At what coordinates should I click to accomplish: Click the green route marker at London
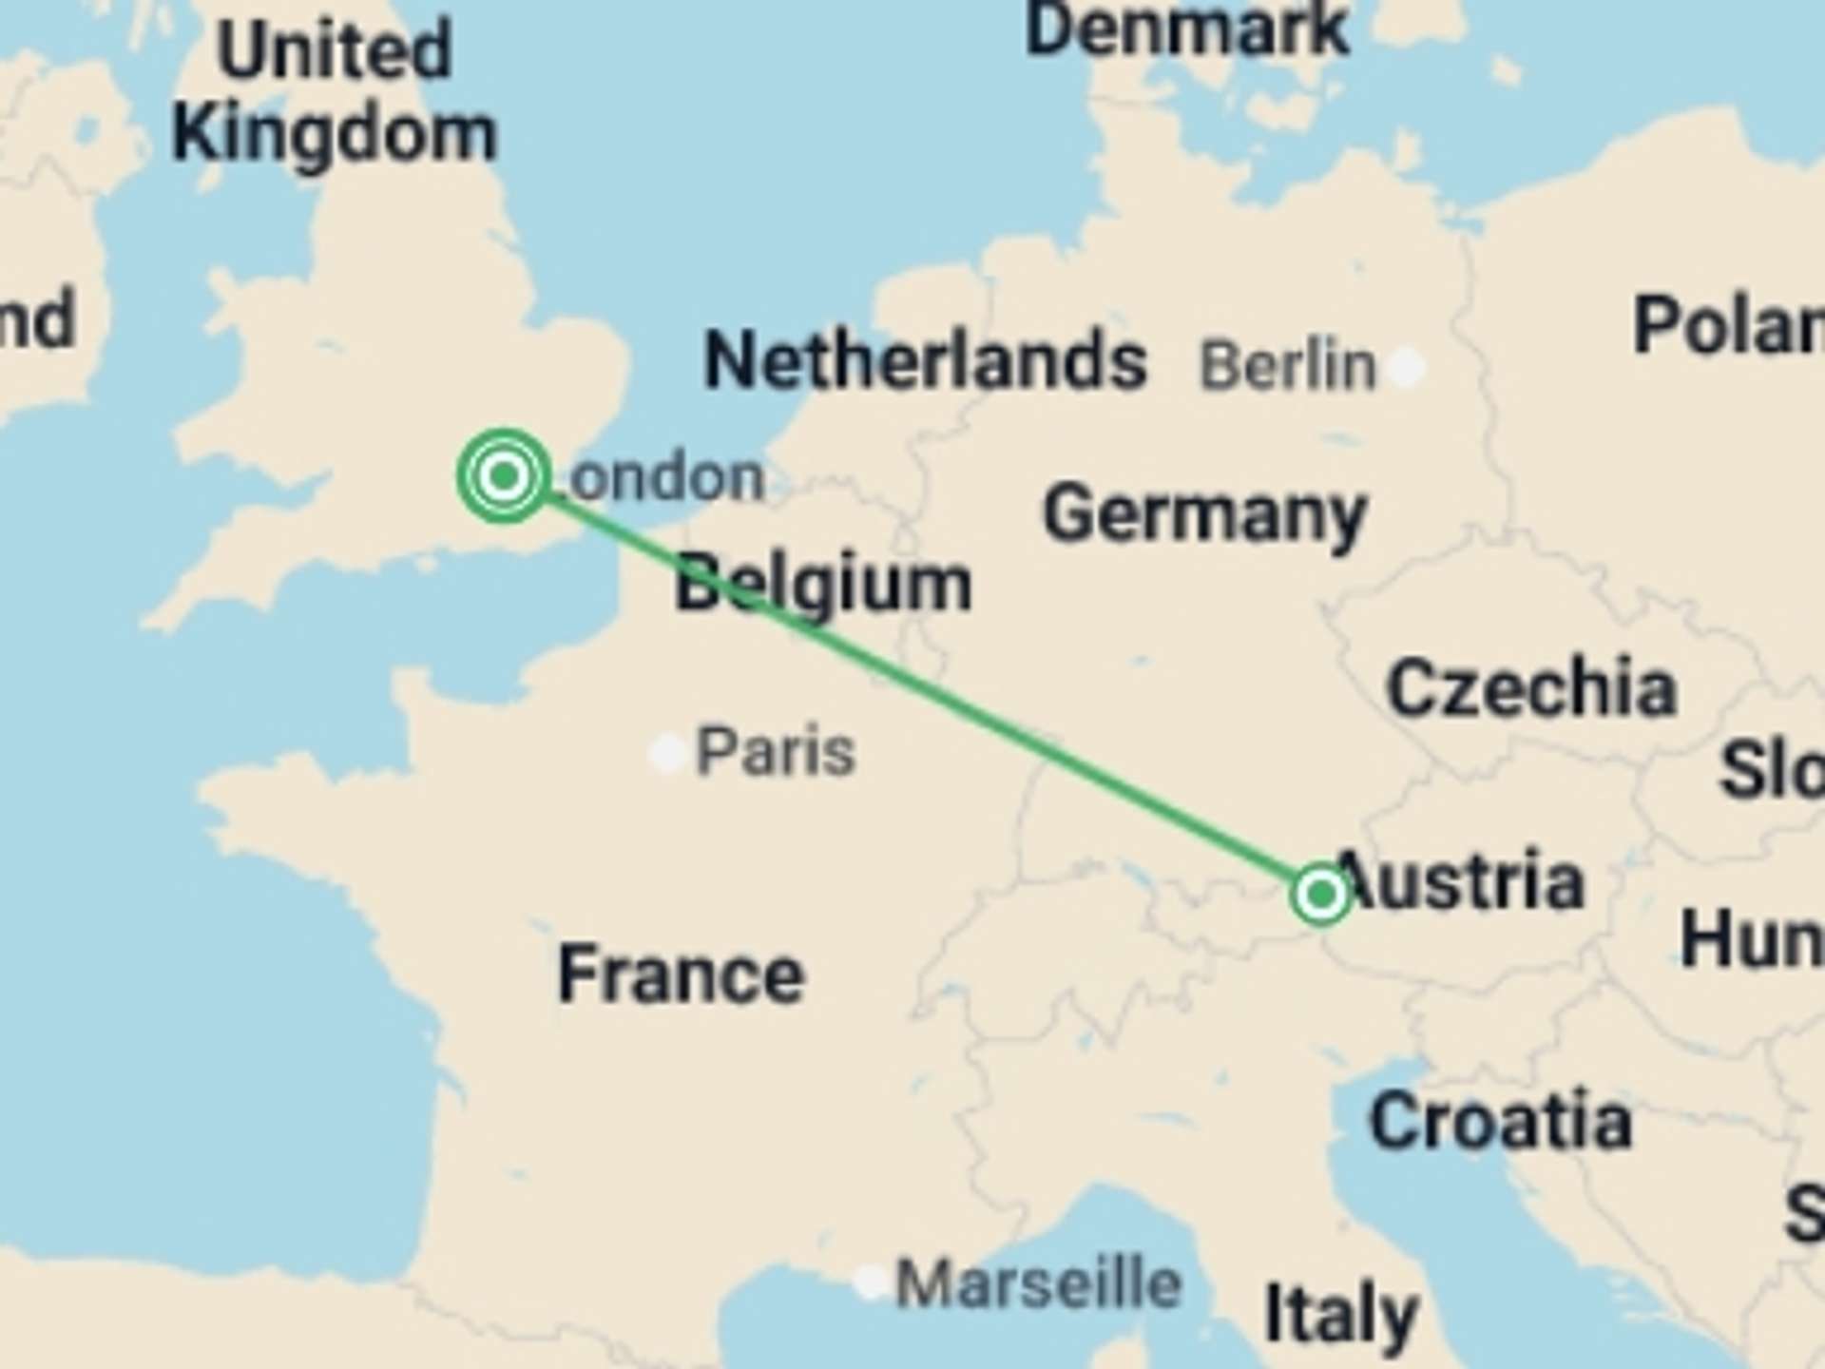[504, 474]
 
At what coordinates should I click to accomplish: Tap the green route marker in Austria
[1320, 894]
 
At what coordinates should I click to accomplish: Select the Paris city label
[776, 752]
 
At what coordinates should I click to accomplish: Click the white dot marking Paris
[668, 754]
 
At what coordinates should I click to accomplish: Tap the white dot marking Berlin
[1406, 366]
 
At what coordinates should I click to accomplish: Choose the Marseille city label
[1039, 1283]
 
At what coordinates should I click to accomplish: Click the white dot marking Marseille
[870, 1282]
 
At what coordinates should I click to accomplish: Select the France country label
[681, 974]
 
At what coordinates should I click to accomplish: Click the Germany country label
[1205, 514]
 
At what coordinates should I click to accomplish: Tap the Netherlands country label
[925, 360]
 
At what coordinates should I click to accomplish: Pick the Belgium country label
[823, 583]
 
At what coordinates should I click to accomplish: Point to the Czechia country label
[1531, 686]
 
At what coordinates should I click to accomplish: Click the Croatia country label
[1501, 1122]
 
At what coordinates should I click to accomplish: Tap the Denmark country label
[1187, 29]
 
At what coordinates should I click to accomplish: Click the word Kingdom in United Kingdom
[335, 134]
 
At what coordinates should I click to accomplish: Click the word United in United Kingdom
[335, 49]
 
